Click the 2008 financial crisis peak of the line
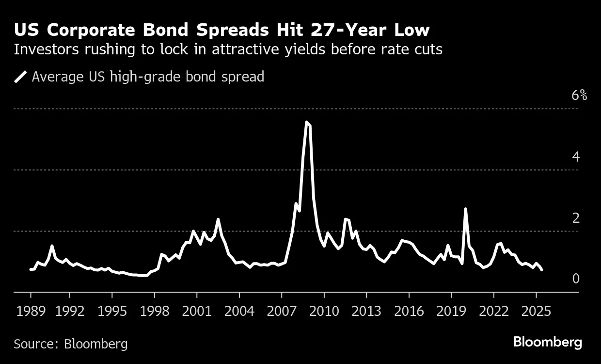coord(306,122)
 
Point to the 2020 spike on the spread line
coord(465,209)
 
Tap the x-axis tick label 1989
coord(31,311)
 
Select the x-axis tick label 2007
coord(281,311)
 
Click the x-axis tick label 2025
coord(536,311)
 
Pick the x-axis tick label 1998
coord(154,311)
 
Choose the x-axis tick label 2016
coord(409,311)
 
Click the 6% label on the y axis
coord(579,95)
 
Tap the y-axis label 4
coord(576,156)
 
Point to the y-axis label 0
coord(576,279)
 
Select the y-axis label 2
coord(576,218)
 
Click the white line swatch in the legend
coord(21,77)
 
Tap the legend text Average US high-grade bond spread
coord(148,77)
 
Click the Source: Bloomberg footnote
coord(71,344)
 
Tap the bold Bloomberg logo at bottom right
coord(547,342)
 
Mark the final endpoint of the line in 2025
coord(541,269)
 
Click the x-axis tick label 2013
coord(366,311)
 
